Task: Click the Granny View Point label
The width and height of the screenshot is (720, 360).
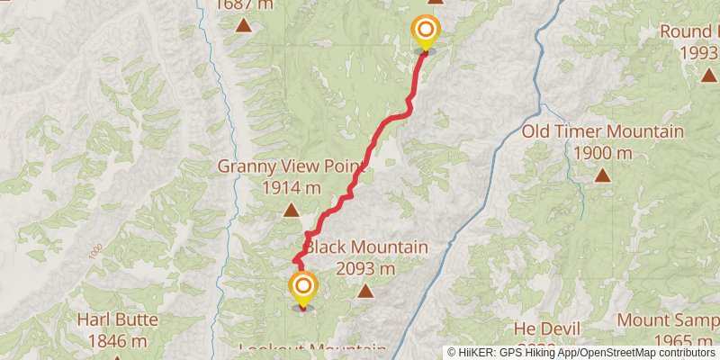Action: point(292,167)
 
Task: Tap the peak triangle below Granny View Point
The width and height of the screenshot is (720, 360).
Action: point(292,211)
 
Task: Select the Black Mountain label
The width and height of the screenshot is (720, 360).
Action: point(365,247)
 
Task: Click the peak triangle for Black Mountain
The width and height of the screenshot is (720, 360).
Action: point(365,291)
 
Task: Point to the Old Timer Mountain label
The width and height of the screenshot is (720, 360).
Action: point(603,132)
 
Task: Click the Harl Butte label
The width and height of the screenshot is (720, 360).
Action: point(118,319)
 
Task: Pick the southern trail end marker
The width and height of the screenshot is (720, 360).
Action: point(302,289)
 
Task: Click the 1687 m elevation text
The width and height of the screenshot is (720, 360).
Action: point(243,4)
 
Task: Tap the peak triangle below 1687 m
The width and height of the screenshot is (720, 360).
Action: point(243,25)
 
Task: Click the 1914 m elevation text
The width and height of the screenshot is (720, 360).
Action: point(292,188)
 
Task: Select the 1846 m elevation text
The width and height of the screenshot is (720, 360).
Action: point(118,340)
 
